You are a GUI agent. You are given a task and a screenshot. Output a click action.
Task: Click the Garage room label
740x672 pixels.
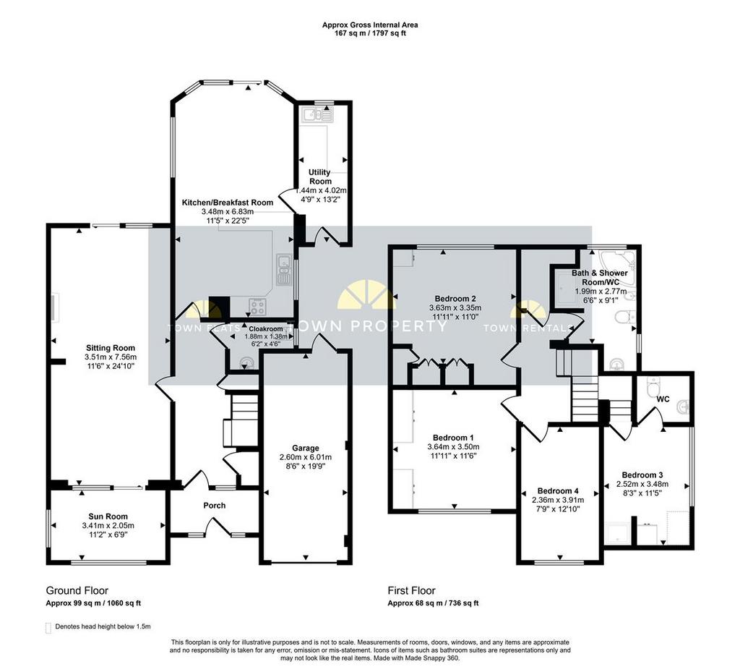(306, 448)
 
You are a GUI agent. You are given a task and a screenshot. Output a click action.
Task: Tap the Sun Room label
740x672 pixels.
(108, 516)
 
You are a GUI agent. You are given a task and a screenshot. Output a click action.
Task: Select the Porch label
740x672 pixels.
(214, 506)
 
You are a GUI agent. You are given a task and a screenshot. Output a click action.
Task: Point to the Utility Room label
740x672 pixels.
(320, 176)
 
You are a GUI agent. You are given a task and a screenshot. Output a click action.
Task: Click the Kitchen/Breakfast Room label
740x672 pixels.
(228, 203)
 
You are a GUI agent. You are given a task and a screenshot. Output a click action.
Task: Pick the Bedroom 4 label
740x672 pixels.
(558, 491)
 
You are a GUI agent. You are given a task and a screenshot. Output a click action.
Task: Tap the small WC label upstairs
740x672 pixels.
(663, 399)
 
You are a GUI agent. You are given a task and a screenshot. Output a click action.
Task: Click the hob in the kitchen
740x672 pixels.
(258, 308)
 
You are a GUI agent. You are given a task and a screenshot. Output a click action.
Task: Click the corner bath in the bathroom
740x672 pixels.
(617, 261)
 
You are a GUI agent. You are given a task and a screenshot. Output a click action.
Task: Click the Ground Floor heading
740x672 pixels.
(77, 591)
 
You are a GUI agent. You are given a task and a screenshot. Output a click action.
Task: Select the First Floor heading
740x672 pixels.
(411, 591)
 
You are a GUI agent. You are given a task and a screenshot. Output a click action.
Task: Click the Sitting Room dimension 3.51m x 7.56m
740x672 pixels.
(111, 357)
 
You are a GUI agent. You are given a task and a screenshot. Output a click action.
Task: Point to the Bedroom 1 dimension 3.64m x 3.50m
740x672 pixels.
(454, 447)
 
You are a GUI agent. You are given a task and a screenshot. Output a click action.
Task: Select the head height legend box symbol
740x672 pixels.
(48, 628)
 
